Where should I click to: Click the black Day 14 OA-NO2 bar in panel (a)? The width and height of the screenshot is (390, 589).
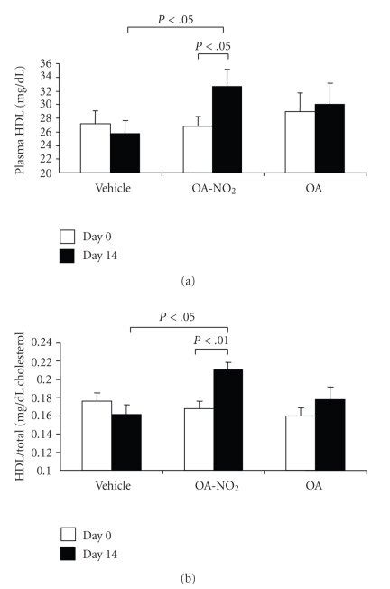pyautogui.click(x=227, y=129)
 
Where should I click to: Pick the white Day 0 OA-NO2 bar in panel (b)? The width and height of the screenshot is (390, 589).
pyautogui.click(x=199, y=439)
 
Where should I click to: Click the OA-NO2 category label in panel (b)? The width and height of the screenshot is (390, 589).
pyautogui.click(x=214, y=486)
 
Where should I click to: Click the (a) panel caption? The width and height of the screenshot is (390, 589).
pyautogui.click(x=195, y=282)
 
